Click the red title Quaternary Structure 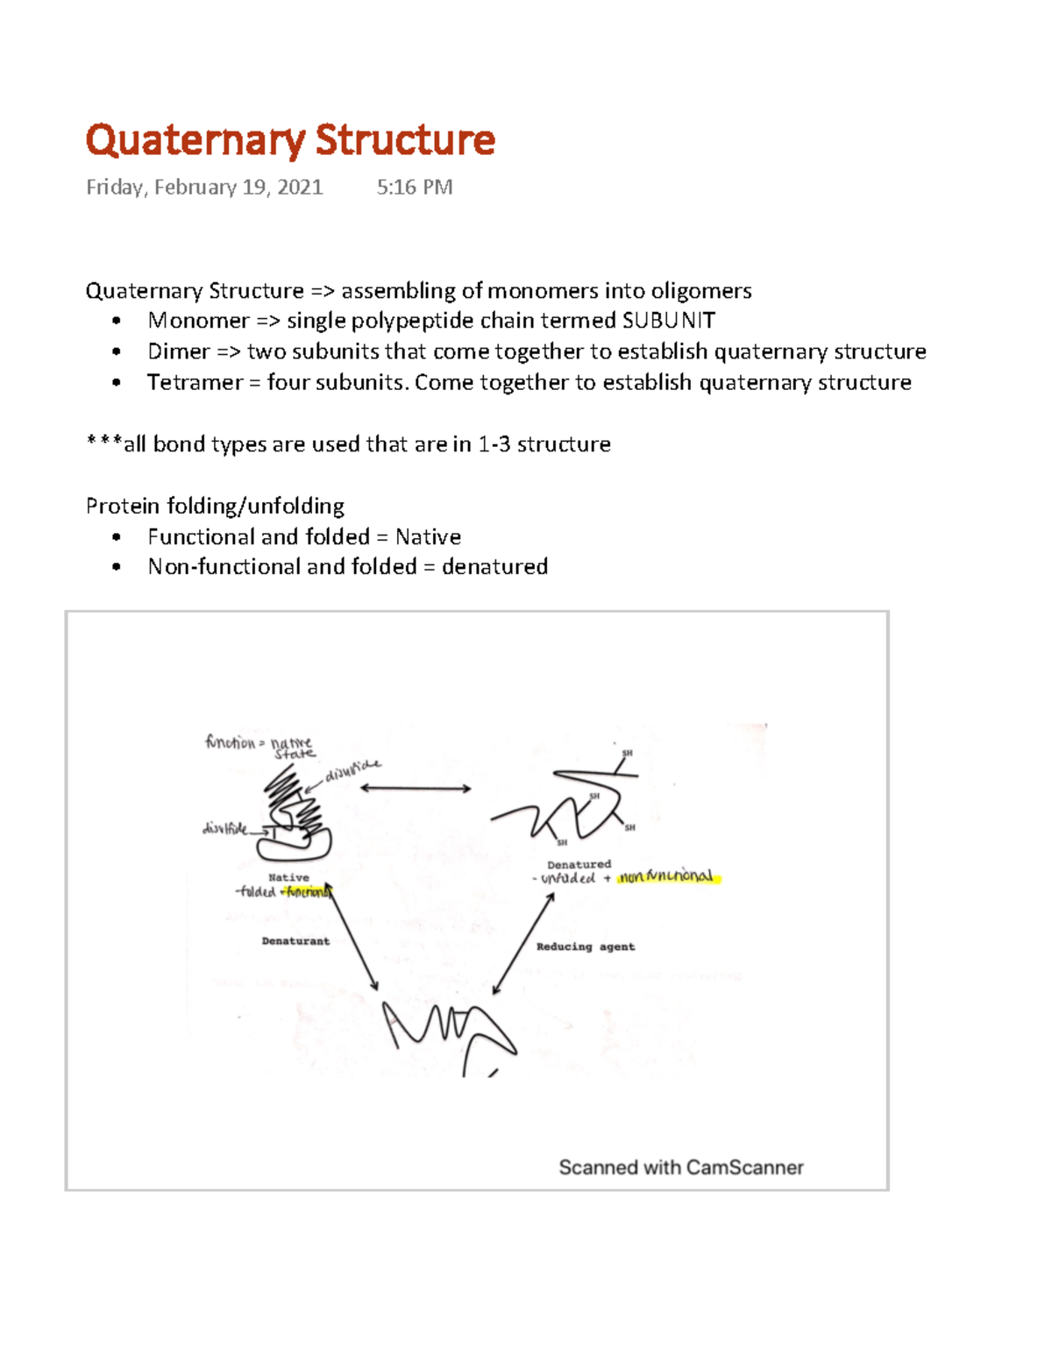(x=290, y=140)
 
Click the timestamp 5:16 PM (x=414, y=188)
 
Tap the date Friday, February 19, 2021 (x=204, y=188)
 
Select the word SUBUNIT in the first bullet (x=668, y=321)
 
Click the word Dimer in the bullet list (x=179, y=351)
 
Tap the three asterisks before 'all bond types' (x=103, y=443)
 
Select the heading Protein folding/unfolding (x=215, y=506)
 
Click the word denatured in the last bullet (x=494, y=567)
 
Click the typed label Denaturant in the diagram (x=295, y=941)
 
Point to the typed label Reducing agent (x=585, y=946)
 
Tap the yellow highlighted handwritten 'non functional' (x=668, y=876)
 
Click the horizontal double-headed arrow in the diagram (x=416, y=789)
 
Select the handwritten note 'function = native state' (x=259, y=747)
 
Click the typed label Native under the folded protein (x=288, y=877)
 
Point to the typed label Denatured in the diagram (x=579, y=864)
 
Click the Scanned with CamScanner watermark (x=680, y=1167)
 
